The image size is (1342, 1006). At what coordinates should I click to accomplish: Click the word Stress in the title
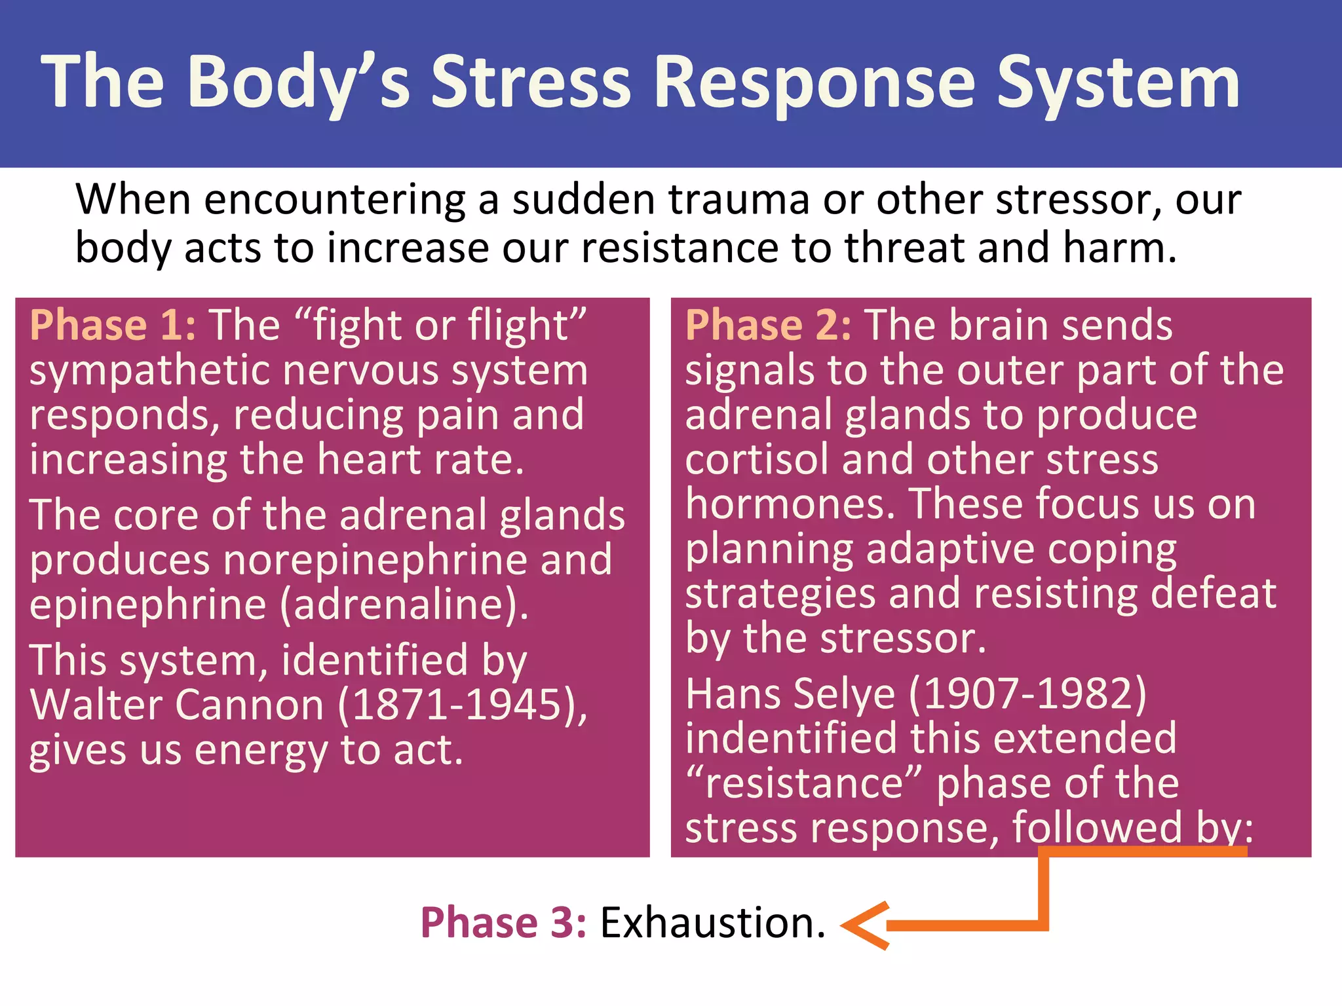(x=531, y=82)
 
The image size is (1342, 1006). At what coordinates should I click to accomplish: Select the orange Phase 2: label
(x=769, y=325)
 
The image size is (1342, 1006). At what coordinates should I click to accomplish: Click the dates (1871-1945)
(x=462, y=705)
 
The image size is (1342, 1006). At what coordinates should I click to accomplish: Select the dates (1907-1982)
(x=1027, y=694)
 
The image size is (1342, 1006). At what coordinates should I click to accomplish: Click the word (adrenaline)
(x=404, y=605)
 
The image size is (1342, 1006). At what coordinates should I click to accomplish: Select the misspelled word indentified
(x=791, y=738)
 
